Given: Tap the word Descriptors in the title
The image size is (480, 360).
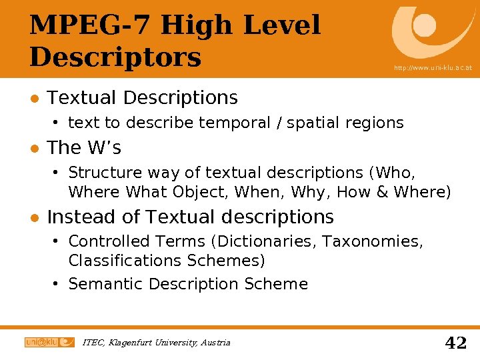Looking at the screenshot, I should (x=115, y=57).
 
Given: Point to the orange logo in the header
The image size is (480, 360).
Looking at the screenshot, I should (x=427, y=30).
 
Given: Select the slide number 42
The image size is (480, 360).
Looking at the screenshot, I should (x=455, y=343).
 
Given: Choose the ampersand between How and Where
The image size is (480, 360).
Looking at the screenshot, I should (x=382, y=193).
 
